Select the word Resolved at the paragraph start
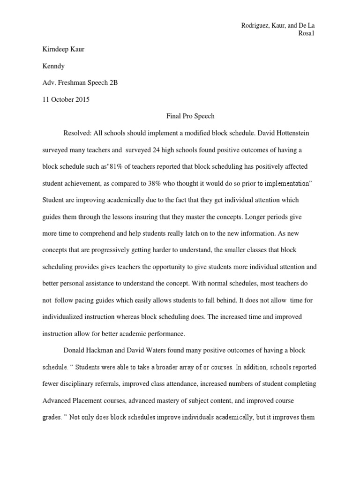pyautogui.click(x=76, y=134)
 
